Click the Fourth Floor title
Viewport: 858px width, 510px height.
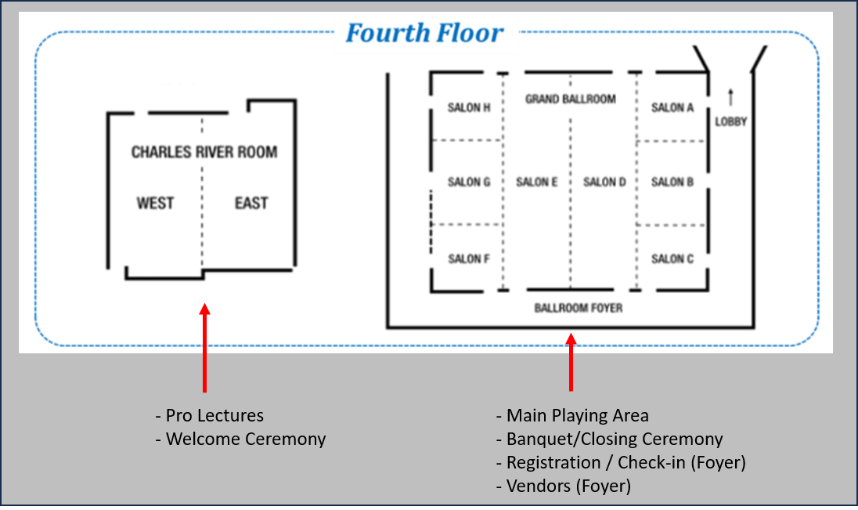click(424, 34)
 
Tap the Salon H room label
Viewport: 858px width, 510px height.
click(469, 108)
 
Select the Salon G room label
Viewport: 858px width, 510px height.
click(469, 183)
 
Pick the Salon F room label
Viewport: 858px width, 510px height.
click(469, 259)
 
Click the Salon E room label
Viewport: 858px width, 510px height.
click(537, 183)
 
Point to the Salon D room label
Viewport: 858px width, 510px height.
click(605, 183)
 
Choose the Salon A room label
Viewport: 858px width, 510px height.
click(672, 108)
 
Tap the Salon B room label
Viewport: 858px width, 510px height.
click(672, 183)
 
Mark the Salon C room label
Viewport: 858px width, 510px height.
click(672, 259)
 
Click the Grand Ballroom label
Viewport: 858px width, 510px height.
click(571, 99)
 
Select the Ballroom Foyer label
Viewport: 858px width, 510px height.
click(579, 309)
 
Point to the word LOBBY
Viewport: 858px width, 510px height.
click(731, 122)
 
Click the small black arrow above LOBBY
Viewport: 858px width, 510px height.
click(731, 97)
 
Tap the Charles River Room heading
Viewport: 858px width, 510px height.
click(204, 152)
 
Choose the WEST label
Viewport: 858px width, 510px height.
click(155, 204)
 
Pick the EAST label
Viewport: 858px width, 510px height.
click(251, 204)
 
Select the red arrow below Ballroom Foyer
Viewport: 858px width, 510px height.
click(571, 361)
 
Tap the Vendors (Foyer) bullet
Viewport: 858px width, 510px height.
click(564, 486)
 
